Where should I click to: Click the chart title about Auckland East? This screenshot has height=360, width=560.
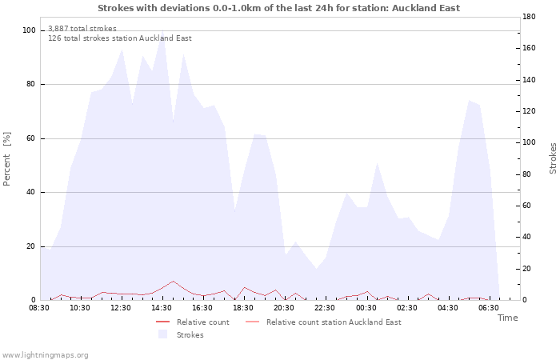[278, 8]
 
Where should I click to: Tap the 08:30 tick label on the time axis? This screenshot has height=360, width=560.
[39, 308]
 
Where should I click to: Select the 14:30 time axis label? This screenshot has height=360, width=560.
[162, 308]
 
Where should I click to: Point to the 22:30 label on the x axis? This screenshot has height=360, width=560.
[325, 308]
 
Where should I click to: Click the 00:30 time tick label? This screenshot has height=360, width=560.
[366, 308]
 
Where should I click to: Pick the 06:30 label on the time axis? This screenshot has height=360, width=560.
[489, 308]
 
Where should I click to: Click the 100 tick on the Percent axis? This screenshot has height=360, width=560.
[29, 30]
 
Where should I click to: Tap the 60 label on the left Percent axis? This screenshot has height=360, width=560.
[31, 138]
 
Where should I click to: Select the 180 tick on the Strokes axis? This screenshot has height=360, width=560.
[529, 17]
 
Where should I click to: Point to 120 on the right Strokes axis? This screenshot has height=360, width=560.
[529, 111]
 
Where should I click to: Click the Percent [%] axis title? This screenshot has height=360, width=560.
[6, 159]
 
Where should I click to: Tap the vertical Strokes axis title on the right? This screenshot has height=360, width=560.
[553, 158]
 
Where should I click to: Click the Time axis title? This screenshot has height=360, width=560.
[507, 318]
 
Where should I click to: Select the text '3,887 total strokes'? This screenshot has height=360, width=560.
[82, 29]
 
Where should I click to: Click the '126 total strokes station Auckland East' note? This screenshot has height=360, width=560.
[120, 38]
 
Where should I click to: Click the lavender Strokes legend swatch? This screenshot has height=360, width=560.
[163, 334]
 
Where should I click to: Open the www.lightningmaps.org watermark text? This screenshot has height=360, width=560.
[44, 355]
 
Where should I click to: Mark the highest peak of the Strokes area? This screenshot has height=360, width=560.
[163, 30]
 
